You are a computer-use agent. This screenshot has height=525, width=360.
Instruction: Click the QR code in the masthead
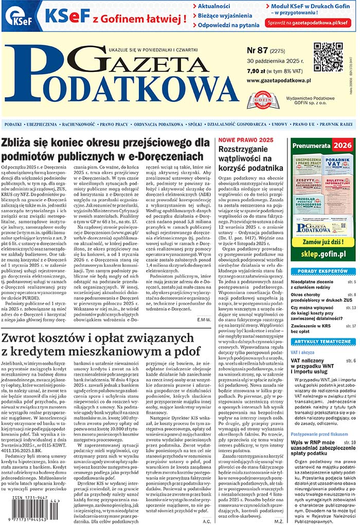328,56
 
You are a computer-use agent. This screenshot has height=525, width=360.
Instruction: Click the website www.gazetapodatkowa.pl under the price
279,81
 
